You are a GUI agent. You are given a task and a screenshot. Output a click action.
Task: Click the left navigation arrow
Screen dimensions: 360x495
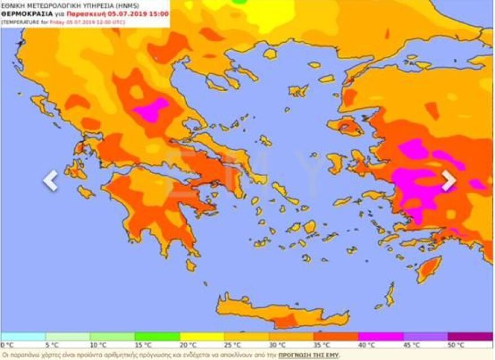point(51,181)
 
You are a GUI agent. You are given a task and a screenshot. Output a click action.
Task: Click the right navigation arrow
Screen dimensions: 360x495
point(448,181)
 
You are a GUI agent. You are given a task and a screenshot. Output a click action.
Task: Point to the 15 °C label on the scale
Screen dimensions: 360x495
point(142,345)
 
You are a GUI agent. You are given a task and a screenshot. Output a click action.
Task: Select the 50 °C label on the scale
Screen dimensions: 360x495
point(456,345)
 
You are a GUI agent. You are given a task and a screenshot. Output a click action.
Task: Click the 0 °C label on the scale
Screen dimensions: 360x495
point(7,345)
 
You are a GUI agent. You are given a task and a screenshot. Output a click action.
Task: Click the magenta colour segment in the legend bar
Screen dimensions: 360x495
point(381,336)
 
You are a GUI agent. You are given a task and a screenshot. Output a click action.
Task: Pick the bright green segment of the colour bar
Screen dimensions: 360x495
point(157,336)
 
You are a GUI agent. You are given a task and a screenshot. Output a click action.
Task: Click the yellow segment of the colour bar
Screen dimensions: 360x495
point(201,336)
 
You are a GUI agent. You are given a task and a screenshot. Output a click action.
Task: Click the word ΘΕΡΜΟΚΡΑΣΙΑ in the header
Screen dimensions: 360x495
point(26,13)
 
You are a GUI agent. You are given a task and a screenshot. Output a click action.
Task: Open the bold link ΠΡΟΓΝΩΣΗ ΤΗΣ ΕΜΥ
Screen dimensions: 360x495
point(309,355)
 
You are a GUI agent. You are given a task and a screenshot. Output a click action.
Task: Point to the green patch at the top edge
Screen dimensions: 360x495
point(240,2)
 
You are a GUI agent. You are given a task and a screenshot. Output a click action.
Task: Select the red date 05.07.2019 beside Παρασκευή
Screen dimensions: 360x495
point(129,13)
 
